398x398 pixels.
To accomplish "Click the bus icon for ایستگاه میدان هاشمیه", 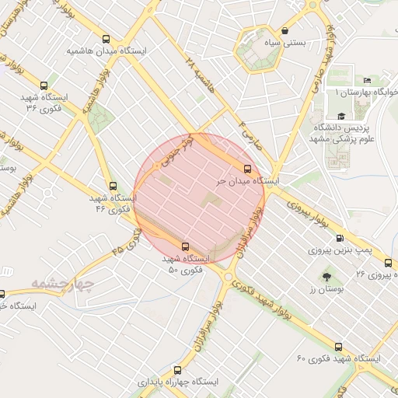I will pyautogui.click(x=106, y=39).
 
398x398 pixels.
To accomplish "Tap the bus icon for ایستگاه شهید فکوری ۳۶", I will pyautogui.click(x=43, y=86).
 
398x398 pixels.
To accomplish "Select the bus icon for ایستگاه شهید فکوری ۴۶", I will pyautogui.click(x=113, y=186).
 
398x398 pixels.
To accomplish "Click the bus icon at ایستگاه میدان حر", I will pyautogui.click(x=248, y=169).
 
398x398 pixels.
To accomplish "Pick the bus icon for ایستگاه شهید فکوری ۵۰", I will pyautogui.click(x=183, y=245).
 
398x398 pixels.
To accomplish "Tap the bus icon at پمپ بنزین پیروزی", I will pyautogui.click(x=338, y=239).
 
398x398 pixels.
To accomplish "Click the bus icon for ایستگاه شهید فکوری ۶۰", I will pyautogui.click(x=338, y=347).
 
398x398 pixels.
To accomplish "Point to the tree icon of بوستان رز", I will pyautogui.click(x=326, y=277).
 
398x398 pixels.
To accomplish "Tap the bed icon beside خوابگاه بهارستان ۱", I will pyautogui.click(x=368, y=79).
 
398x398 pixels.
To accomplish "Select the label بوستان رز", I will pyautogui.click(x=326, y=289).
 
